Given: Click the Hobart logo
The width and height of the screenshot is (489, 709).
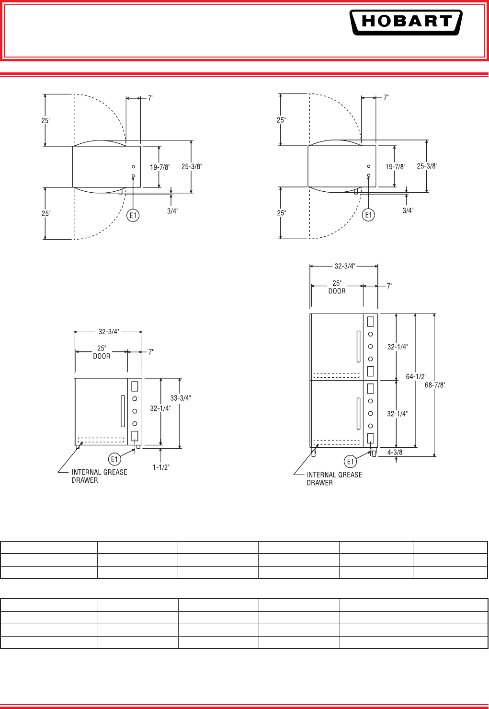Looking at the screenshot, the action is click(406, 22).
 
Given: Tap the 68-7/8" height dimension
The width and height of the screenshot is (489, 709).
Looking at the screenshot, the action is click(435, 385).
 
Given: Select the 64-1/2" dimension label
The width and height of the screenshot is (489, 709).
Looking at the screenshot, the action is click(416, 376).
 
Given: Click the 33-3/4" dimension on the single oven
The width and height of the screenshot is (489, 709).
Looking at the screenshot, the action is click(181, 398).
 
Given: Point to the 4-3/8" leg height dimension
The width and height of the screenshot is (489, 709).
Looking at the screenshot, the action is click(396, 453).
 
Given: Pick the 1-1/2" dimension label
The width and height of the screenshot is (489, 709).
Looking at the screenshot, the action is click(161, 467).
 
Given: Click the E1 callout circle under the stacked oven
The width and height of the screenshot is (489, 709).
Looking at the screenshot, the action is click(350, 462).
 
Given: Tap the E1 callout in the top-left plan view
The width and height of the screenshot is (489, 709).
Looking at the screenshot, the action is click(133, 216).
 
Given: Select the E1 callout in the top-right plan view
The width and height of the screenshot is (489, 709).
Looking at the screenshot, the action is click(368, 215).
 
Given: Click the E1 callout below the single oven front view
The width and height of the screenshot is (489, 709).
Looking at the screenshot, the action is click(114, 459).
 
